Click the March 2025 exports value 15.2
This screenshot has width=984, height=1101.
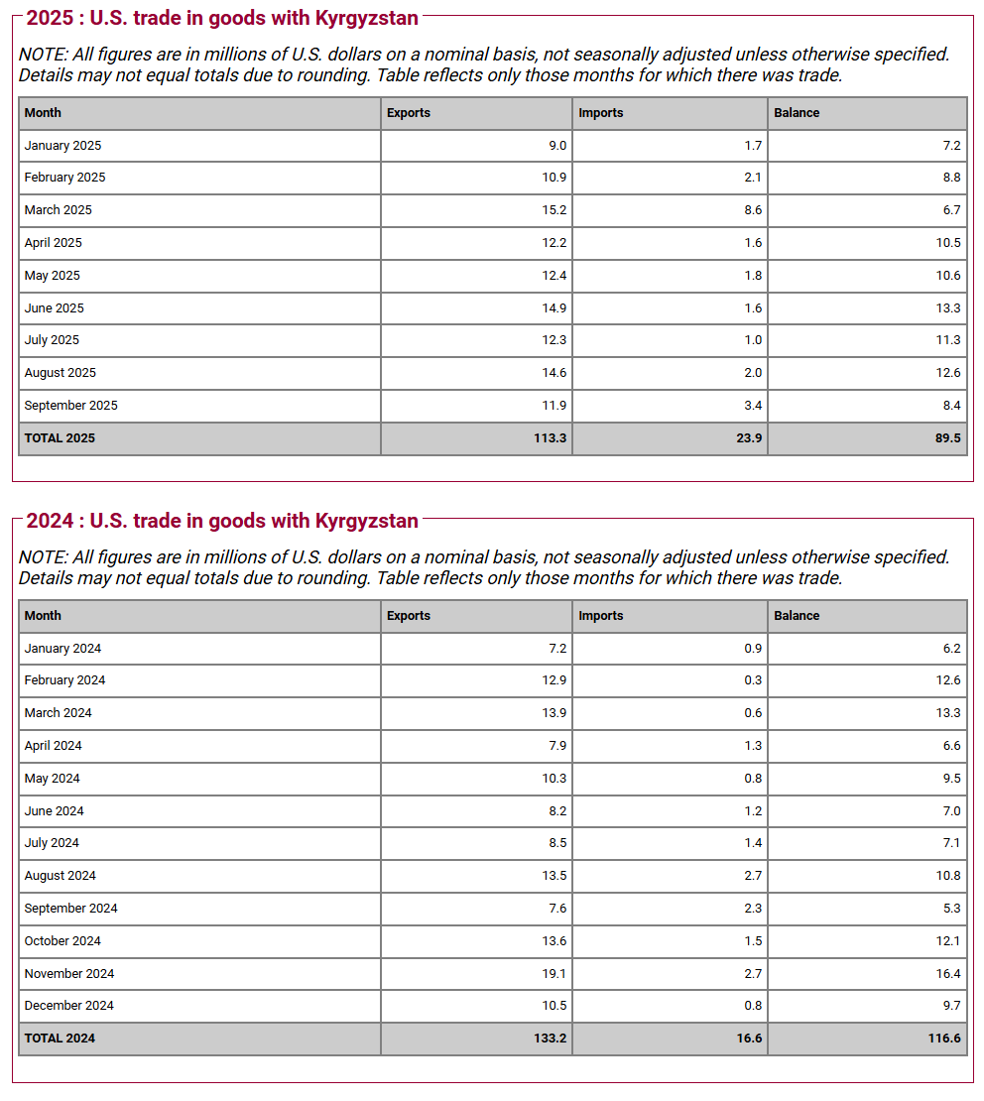coord(555,210)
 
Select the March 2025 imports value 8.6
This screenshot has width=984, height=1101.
coord(753,210)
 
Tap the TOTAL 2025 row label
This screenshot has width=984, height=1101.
coord(60,438)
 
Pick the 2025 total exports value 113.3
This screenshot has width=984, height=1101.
coord(550,438)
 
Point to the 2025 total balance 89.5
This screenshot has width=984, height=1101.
coord(948,438)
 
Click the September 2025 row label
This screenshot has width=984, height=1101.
coord(70,406)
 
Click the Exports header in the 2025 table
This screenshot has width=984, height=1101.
coord(409,113)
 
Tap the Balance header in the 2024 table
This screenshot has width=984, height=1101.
coord(797,616)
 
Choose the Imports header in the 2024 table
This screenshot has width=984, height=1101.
coord(601,616)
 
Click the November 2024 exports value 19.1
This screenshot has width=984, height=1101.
coord(555,974)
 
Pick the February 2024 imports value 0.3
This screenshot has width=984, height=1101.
coord(753,680)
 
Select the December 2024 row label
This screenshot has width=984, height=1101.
coord(68,1006)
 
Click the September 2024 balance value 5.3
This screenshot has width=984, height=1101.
coord(952,909)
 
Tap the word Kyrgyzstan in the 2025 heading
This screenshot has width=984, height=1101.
coord(366,18)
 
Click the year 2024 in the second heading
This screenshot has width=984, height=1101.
coord(47,521)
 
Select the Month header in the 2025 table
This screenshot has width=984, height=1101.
coord(43,113)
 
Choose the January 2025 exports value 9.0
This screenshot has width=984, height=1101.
coord(557,146)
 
